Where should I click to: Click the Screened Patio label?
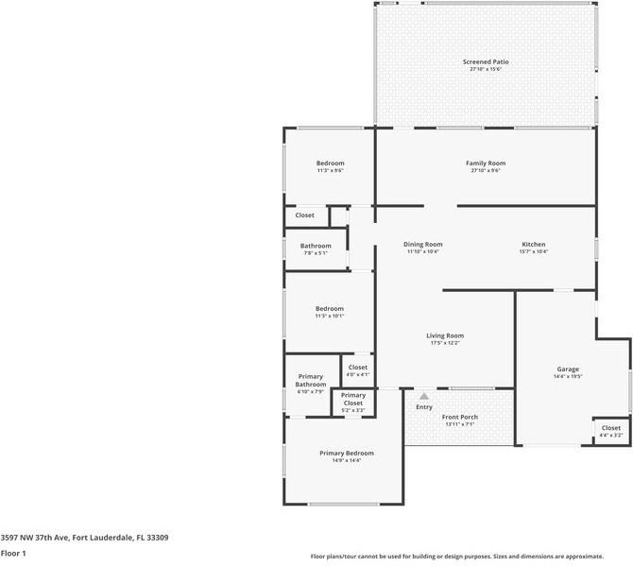pyautogui.click(x=486, y=61)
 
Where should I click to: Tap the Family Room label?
pyautogui.click(x=486, y=163)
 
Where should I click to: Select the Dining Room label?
pyautogui.click(x=423, y=245)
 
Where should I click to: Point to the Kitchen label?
pyautogui.click(x=534, y=245)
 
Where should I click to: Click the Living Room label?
pyautogui.click(x=445, y=335)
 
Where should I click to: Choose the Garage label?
pyautogui.click(x=568, y=369)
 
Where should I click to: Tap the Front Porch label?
pyautogui.click(x=460, y=417)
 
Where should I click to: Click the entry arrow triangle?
pyautogui.click(x=424, y=396)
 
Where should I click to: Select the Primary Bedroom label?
pyautogui.click(x=346, y=453)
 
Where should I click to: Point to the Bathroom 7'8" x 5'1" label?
pyautogui.click(x=316, y=246)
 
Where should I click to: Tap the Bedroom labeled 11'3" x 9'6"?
pyautogui.click(x=330, y=163)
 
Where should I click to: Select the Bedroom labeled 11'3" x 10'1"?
pyautogui.click(x=330, y=308)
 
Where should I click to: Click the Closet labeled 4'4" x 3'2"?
pyautogui.click(x=610, y=428)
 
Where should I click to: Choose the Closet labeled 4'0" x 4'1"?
pyautogui.click(x=358, y=367)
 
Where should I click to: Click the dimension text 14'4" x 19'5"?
pyautogui.click(x=568, y=377)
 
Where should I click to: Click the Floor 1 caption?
pyautogui.click(x=13, y=553)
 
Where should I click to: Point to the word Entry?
pyautogui.click(x=424, y=407)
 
